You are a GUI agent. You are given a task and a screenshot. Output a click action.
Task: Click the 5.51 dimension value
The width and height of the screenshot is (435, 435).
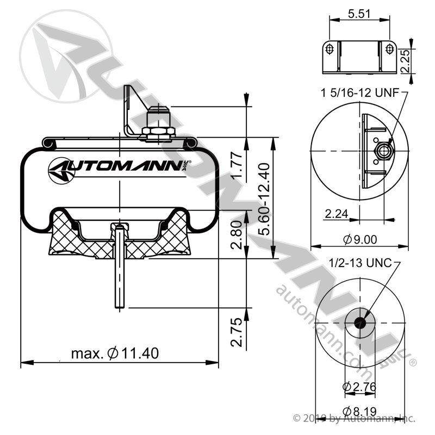pyautogui.click(x=359, y=14)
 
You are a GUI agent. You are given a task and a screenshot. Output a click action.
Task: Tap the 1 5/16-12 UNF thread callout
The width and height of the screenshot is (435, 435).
pyautogui.click(x=360, y=92)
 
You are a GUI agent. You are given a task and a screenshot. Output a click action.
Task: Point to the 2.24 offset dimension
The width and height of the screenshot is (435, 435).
pyautogui.click(x=336, y=214)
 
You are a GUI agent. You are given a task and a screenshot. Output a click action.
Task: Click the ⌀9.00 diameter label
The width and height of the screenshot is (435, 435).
pyautogui.click(x=360, y=239)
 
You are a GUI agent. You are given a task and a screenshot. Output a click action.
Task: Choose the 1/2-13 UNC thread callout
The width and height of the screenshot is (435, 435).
pyautogui.click(x=360, y=263)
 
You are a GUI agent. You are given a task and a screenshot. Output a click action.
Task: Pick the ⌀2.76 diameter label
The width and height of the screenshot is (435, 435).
pyautogui.click(x=359, y=387)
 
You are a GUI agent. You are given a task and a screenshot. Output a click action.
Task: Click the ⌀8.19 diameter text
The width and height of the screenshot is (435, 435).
pyautogui.click(x=360, y=411)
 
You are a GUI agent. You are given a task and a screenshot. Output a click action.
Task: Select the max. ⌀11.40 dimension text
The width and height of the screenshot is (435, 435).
pyautogui.click(x=115, y=353)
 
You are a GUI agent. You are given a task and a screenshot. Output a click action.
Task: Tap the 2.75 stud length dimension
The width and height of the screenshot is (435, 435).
pyautogui.click(x=237, y=332)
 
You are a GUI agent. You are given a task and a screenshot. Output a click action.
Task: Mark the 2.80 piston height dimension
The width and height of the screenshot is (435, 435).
pyautogui.click(x=237, y=235)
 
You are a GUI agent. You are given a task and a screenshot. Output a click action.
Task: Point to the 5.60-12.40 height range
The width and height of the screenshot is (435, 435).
pyautogui.click(x=264, y=199)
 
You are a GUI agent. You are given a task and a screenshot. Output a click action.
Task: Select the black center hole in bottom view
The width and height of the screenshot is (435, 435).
pyautogui.click(x=360, y=322)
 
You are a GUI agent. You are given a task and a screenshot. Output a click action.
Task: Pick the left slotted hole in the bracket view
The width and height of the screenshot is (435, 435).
pyautogui.click(x=330, y=49)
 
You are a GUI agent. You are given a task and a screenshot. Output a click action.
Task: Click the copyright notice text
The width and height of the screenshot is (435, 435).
pyautogui.click(x=354, y=418)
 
